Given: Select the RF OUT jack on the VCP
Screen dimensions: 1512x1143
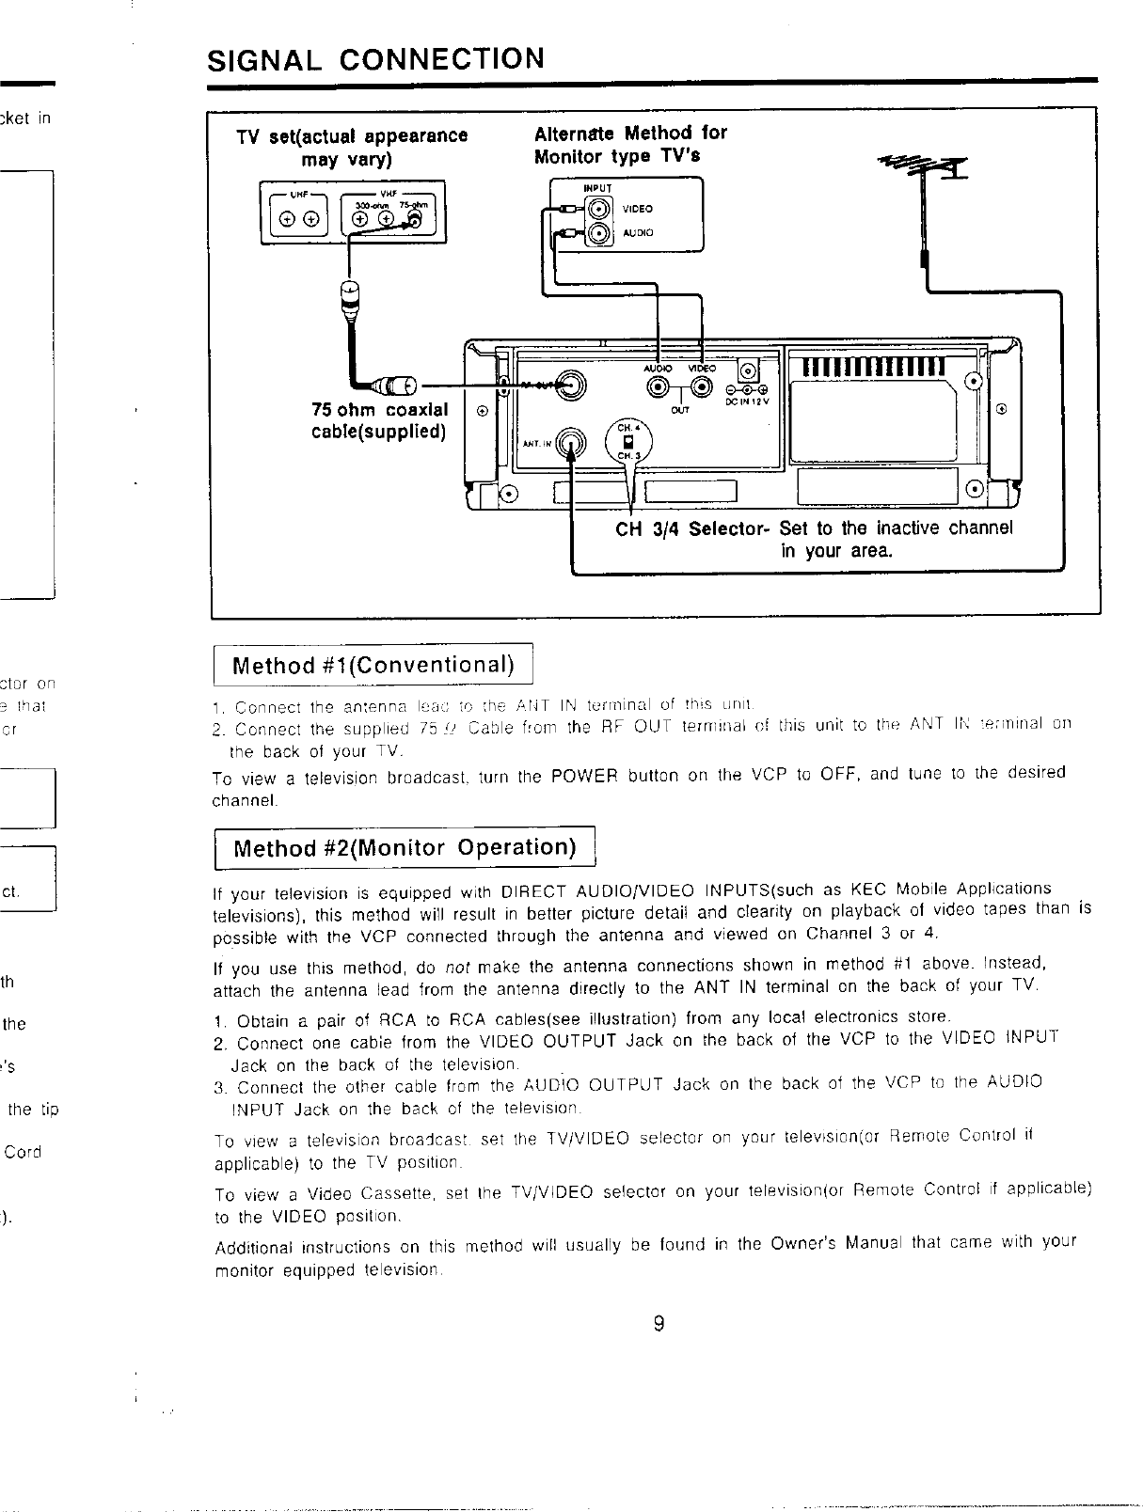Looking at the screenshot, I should (x=570, y=385).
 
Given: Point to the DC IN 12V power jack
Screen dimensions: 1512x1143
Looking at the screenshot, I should (x=748, y=370).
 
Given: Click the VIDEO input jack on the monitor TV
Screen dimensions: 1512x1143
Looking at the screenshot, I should (x=599, y=209).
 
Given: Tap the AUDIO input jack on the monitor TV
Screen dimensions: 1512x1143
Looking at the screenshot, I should (x=599, y=233).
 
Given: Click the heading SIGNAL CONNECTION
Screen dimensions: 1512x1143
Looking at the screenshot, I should (x=375, y=58).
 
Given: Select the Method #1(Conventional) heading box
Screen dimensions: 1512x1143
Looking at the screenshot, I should (x=373, y=666).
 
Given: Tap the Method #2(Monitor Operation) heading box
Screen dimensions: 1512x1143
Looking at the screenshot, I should (x=405, y=848).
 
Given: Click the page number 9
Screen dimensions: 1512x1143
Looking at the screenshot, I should (x=659, y=1324).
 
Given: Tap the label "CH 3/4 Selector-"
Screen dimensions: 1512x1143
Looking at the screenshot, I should (x=693, y=528).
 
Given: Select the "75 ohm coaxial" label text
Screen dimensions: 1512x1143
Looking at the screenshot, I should (x=379, y=410).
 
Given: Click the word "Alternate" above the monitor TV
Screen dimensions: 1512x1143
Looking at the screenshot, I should (x=575, y=133).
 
